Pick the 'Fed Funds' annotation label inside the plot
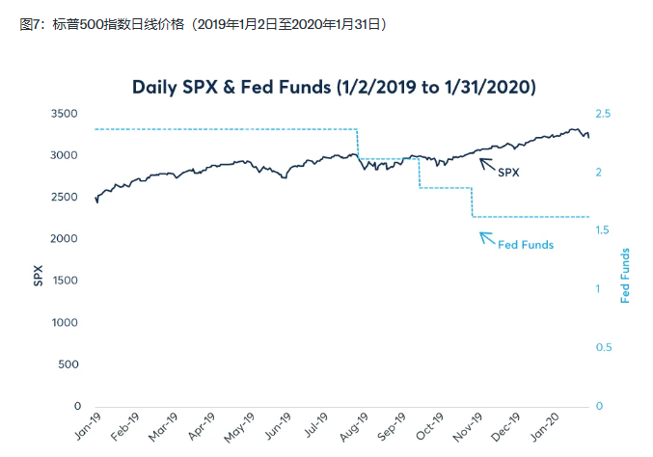pyautogui.click(x=526, y=245)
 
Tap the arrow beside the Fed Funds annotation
pyautogui.click(x=487, y=237)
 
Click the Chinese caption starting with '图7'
pyautogui.click(x=204, y=23)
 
